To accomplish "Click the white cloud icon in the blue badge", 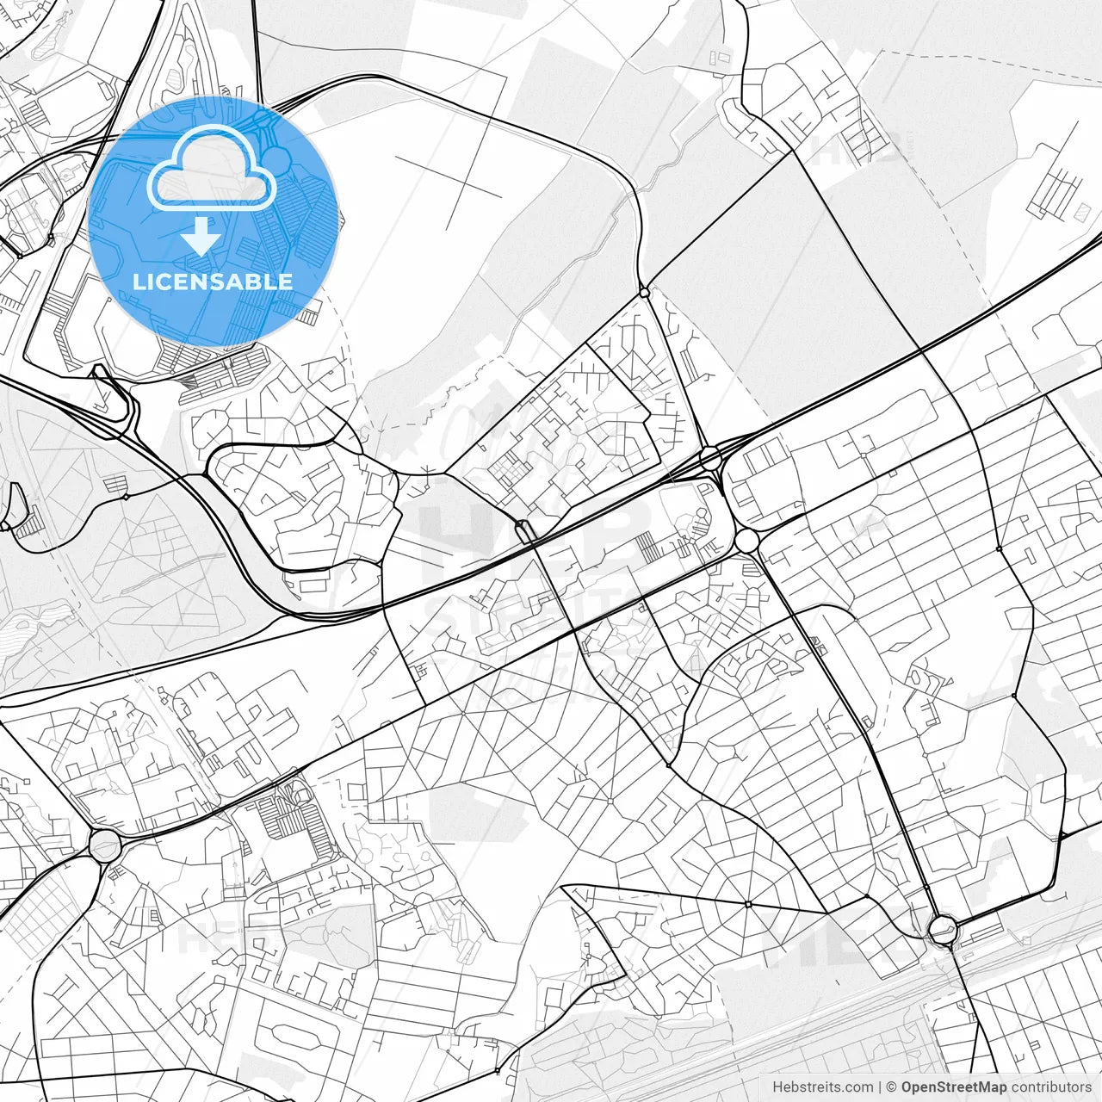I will coord(212,168).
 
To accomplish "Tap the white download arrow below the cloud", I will coord(201,236).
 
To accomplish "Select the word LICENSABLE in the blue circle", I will coord(212,282).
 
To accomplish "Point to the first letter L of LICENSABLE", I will coord(138,282).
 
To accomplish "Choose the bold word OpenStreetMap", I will coord(954,1087).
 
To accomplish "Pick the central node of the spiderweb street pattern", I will coord(748,904).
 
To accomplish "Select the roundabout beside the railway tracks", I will coord(943,930).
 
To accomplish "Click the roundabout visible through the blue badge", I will coord(277,158).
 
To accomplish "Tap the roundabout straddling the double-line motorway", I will coord(710,456).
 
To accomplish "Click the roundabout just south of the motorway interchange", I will coord(746,541).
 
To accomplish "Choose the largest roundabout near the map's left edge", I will coord(105,845).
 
